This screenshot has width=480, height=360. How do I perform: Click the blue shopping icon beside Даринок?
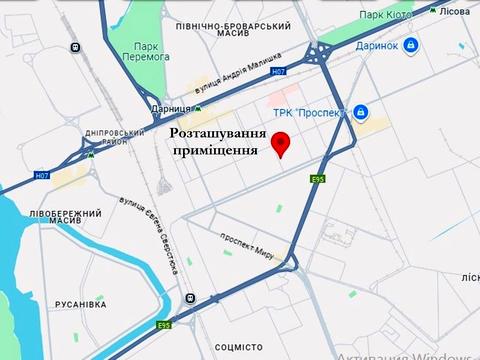pyautogui.click(x=411, y=45)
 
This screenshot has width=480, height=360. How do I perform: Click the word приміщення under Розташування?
pyautogui.click(x=215, y=150)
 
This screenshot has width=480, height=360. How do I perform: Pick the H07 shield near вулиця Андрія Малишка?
pyautogui.click(x=280, y=72)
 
